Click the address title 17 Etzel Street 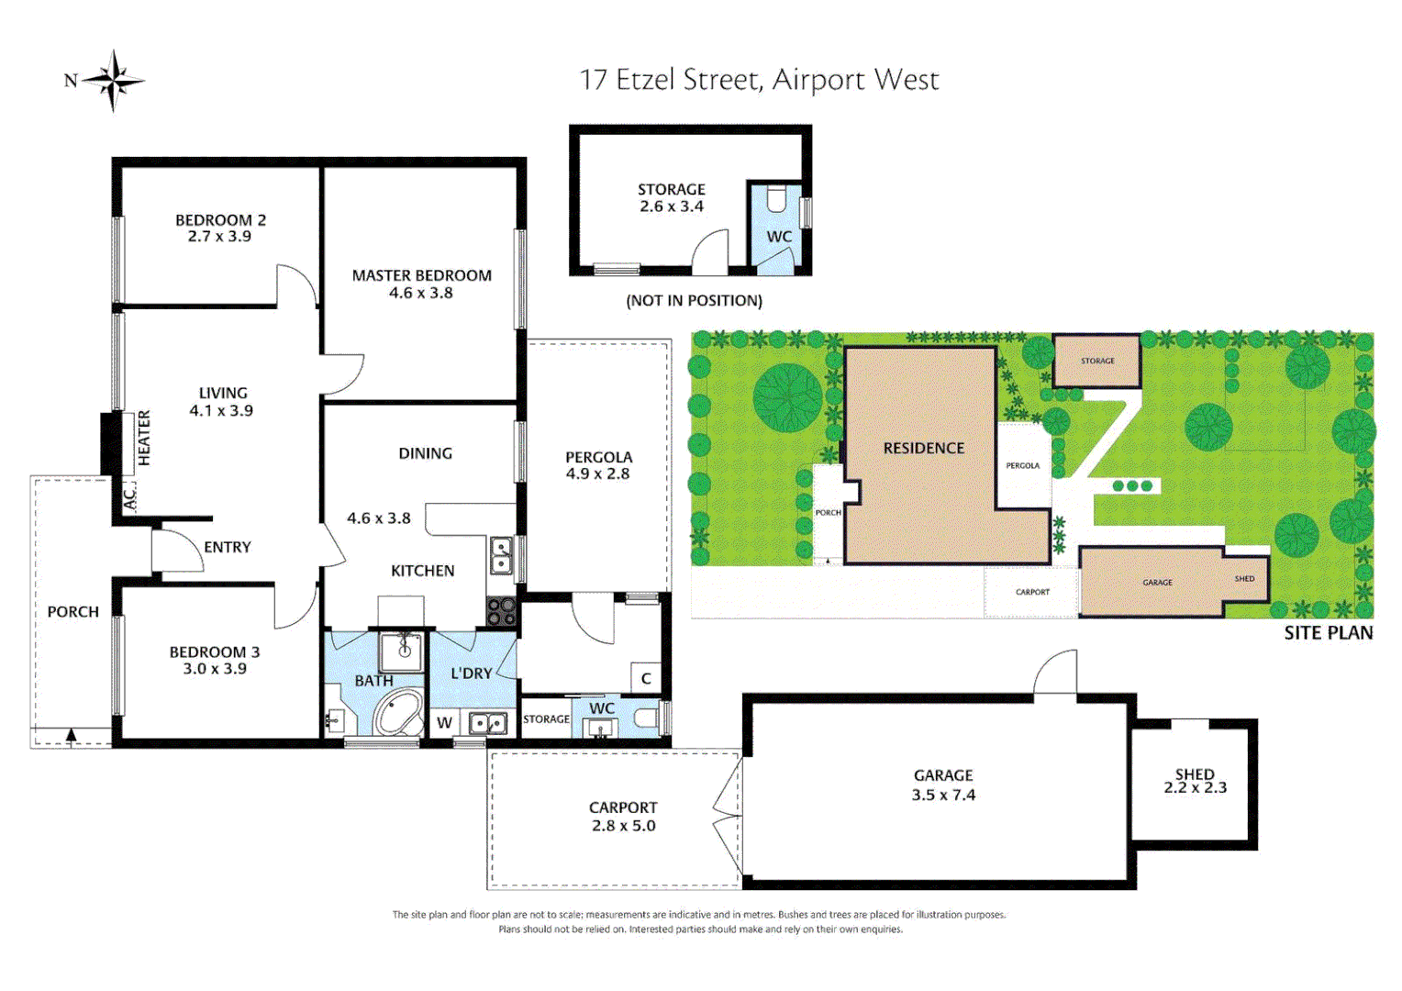(x=759, y=80)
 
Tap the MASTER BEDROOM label (x=421, y=275)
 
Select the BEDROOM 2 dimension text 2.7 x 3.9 (x=219, y=237)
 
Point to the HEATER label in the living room (x=144, y=438)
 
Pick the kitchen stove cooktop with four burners (x=501, y=611)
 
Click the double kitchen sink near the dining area (x=501, y=554)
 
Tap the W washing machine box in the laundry (x=444, y=722)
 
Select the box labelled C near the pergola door (x=646, y=678)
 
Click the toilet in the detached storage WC (x=777, y=199)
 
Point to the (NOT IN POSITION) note (x=694, y=301)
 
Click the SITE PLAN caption (x=1328, y=632)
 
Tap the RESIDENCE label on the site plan (x=923, y=448)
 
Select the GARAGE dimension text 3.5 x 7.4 (x=943, y=796)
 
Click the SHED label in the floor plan (x=1195, y=774)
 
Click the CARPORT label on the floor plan (x=623, y=807)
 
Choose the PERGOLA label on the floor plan (x=598, y=457)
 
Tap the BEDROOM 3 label (x=215, y=652)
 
